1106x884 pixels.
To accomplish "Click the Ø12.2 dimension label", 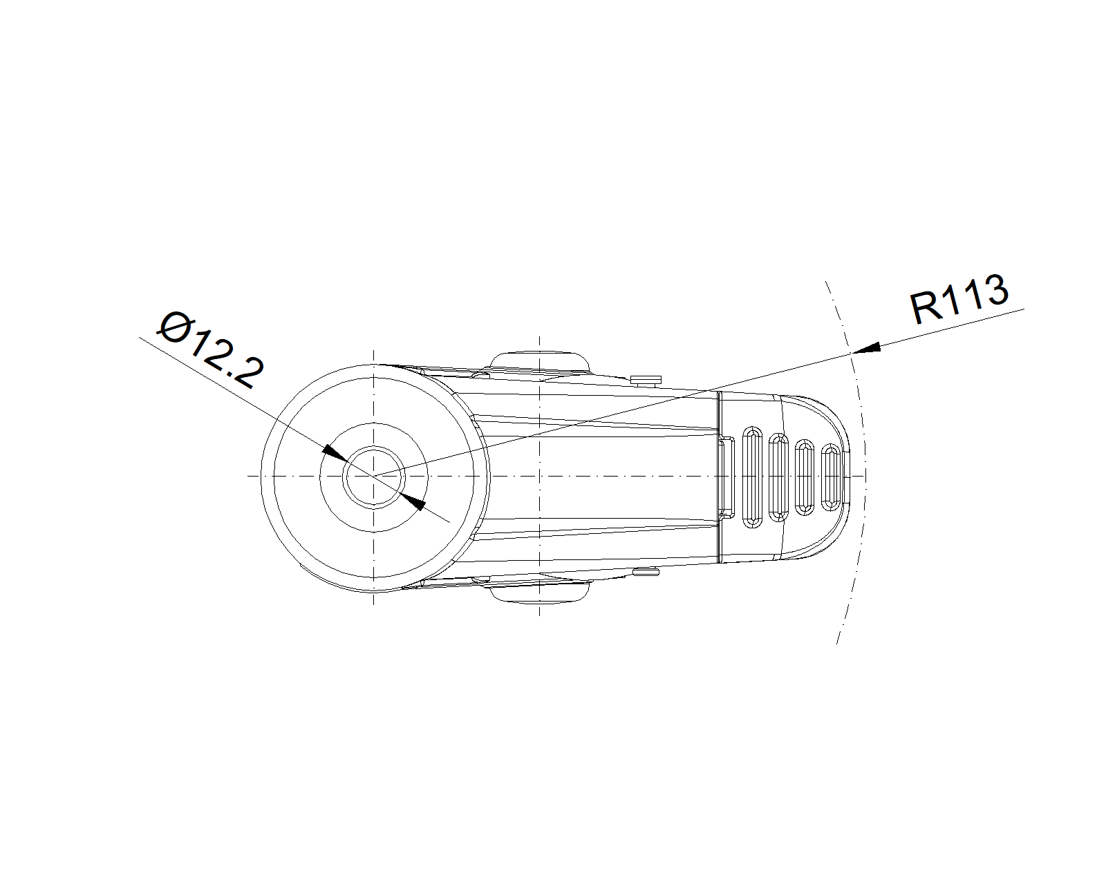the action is (212, 350).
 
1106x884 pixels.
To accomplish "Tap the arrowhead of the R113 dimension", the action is (867, 348).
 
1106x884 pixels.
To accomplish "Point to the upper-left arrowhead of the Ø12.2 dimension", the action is (335, 452).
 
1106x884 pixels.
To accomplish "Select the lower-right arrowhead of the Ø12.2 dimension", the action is (413, 502).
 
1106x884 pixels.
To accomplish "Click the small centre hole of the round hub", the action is (374, 477).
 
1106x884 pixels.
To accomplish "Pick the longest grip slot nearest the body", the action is (752, 477).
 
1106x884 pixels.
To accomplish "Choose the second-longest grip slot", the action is (778, 477).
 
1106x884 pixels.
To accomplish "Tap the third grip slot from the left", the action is (805, 477).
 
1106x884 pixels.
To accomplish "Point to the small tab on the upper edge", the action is (646, 380).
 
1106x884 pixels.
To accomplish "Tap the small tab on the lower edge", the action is (646, 573).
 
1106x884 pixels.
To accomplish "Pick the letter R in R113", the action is (924, 309).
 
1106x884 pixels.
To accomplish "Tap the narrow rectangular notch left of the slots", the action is (725, 477).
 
